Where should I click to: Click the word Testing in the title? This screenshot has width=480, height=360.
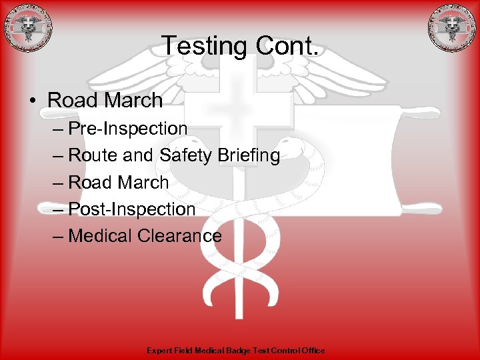(x=205, y=47)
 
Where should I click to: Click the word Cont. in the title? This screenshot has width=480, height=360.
(x=288, y=47)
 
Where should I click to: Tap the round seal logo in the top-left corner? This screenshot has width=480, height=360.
(x=27, y=28)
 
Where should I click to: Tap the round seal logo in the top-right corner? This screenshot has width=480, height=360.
(x=453, y=28)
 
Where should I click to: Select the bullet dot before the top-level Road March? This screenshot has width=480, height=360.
(x=32, y=101)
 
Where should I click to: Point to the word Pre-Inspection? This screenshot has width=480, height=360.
(x=128, y=128)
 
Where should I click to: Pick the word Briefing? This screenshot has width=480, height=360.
(x=252, y=155)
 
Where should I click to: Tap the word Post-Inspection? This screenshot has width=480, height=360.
(x=132, y=209)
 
